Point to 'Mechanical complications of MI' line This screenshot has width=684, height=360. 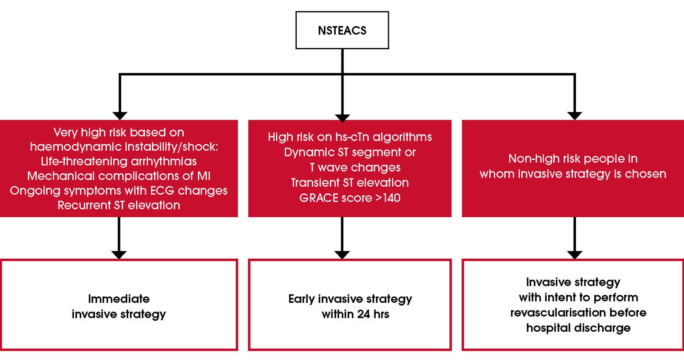tap(119, 176)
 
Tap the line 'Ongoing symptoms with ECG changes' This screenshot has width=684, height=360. tap(119, 191)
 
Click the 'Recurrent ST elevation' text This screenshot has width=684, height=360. tap(119, 205)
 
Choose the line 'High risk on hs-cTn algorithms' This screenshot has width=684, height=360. tap(350, 137)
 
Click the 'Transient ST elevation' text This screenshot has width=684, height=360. tap(350, 183)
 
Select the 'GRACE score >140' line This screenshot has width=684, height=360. tap(350, 198)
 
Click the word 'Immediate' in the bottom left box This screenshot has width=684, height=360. tap(119, 299)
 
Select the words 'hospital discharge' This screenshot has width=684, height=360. tap(578, 328)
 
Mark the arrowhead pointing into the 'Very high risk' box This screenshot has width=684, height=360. tap(119, 115)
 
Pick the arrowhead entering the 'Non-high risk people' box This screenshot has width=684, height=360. tap(574, 115)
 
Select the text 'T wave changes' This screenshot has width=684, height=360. tap(352, 167)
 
